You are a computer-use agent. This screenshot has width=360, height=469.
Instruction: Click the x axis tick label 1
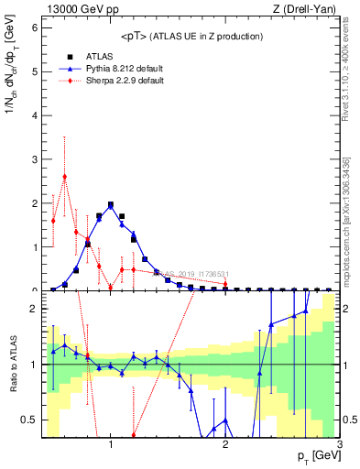[111, 444]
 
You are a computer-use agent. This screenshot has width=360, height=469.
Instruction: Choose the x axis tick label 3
[339, 444]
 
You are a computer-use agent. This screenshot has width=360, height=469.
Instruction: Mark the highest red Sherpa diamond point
[64, 177]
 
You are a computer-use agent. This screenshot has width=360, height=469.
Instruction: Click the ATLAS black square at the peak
[111, 205]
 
